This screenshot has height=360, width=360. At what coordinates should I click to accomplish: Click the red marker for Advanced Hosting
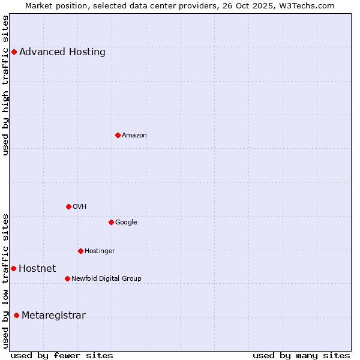point(14,52)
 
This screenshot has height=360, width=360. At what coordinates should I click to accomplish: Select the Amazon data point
point(118,135)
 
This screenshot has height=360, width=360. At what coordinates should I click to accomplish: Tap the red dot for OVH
point(68,206)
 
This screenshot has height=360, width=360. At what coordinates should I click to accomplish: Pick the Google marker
point(111,222)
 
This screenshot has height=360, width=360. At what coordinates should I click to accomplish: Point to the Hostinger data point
point(80,251)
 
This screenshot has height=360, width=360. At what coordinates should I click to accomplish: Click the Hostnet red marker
point(13,268)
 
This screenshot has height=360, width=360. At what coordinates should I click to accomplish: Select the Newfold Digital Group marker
point(67,278)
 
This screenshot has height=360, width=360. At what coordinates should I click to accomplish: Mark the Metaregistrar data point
point(16,315)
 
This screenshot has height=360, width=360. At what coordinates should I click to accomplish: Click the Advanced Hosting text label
point(62,52)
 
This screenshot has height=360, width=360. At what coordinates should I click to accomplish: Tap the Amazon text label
point(134,136)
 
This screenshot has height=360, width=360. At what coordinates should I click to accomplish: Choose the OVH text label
point(80,207)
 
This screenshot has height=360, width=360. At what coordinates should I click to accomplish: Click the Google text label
point(126,223)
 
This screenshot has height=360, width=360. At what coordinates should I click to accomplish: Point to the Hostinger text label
point(100,251)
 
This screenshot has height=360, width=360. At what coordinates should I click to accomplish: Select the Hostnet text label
point(37,269)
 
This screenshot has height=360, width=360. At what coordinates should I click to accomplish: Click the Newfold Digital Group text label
point(106,279)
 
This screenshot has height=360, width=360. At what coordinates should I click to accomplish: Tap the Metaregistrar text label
point(53,316)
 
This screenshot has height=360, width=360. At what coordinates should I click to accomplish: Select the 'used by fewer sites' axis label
point(62,355)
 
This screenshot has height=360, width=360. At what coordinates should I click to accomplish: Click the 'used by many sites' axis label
point(301,355)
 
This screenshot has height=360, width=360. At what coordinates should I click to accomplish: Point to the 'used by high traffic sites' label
point(6,85)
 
